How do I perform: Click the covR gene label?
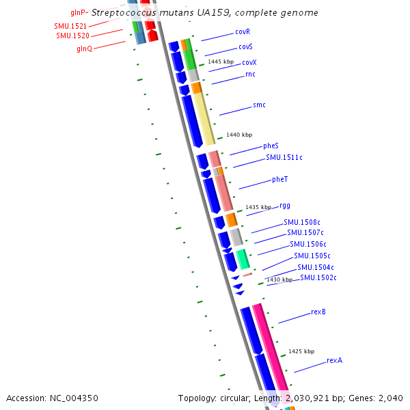point(243,31)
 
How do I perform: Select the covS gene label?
point(245,46)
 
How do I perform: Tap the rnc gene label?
point(250,74)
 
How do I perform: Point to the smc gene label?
point(259,105)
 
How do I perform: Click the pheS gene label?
point(271,146)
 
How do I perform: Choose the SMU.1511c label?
point(284,157)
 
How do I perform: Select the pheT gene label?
point(279,179)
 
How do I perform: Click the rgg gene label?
point(285,204)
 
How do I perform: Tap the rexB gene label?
point(318,312)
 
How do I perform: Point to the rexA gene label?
point(334,359)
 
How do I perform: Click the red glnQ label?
point(85,48)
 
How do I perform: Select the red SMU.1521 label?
point(70,25)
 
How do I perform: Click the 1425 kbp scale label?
point(301,351)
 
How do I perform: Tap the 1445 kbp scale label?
point(221,61)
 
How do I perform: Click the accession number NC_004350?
point(73,398)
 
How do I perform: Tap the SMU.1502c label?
point(318,277)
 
